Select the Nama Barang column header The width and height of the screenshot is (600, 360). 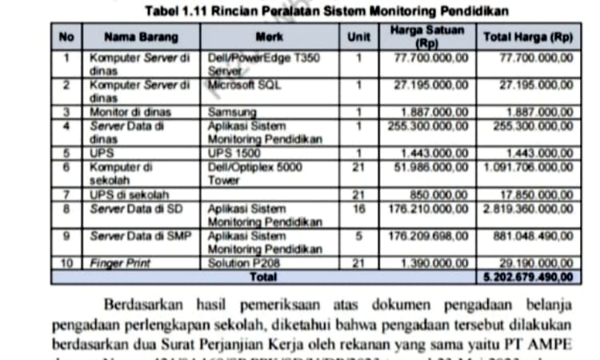(x=141, y=37)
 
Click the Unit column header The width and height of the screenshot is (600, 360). (x=358, y=37)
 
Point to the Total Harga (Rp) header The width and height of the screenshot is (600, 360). (x=527, y=37)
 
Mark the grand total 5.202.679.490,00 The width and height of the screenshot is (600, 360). (x=529, y=276)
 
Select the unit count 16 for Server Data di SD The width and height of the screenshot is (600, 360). (x=358, y=209)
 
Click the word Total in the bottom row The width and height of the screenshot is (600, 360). (x=263, y=276)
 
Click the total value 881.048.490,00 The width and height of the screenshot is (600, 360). (x=534, y=237)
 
